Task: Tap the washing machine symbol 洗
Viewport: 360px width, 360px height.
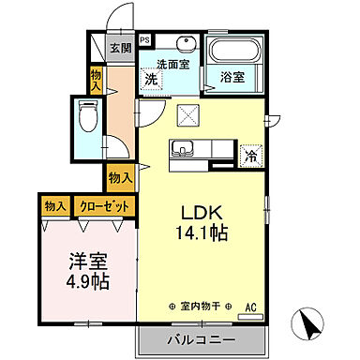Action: (152, 81)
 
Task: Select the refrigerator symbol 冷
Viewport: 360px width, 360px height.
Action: (250, 156)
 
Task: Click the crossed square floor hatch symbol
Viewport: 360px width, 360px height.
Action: (187, 115)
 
